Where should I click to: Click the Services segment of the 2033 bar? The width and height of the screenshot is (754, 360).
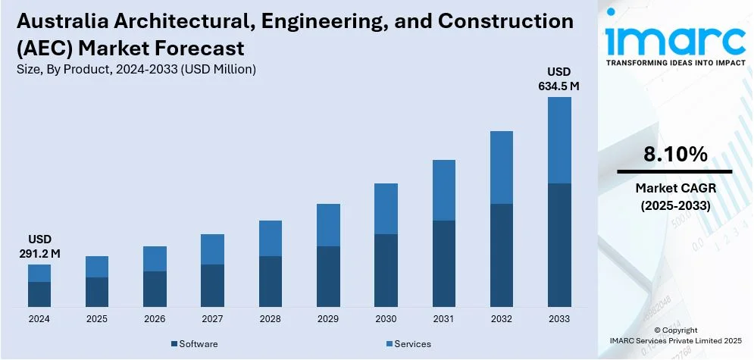[x=558, y=140]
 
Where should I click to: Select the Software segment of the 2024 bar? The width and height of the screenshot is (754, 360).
[x=39, y=294]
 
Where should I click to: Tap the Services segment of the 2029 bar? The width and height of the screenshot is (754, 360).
[x=328, y=225]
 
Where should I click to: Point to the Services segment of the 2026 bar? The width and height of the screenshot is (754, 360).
[x=155, y=258]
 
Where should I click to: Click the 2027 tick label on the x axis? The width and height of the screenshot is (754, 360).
[x=212, y=319]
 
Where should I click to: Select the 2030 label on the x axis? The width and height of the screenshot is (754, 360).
[x=386, y=319]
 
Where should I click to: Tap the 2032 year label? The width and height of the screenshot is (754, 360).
[x=501, y=319]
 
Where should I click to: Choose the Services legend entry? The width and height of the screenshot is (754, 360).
[x=408, y=344]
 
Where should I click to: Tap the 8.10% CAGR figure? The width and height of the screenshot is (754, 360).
[x=675, y=155]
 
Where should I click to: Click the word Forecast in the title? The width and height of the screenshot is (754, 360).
[x=207, y=49]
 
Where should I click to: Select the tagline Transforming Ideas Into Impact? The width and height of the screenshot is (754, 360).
[x=675, y=64]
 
